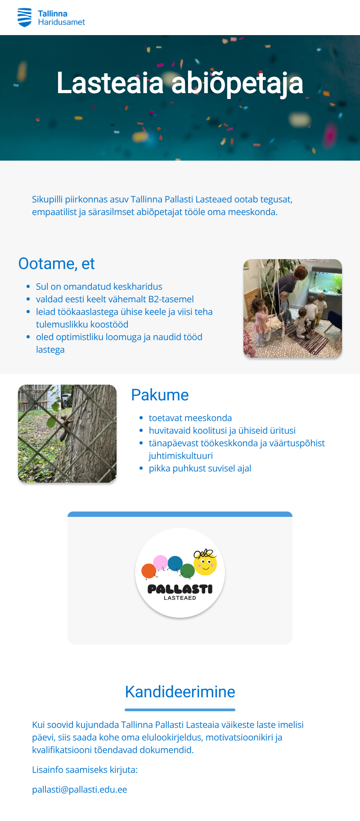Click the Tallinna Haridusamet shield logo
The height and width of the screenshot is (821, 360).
24,18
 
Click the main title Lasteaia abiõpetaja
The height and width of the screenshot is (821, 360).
180,83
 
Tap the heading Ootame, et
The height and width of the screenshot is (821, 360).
56,264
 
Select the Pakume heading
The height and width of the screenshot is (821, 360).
160,395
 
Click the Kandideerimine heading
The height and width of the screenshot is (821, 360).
180,692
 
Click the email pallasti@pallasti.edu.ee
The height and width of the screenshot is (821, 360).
80,790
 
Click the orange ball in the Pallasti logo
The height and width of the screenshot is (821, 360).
148,571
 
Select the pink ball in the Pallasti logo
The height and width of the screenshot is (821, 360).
160,562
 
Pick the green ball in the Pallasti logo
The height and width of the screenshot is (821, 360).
187,571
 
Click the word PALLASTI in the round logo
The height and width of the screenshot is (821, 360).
180,589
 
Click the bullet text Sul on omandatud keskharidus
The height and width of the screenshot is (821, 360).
99,287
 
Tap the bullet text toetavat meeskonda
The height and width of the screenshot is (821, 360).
190,418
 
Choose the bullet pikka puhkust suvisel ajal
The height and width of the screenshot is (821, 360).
200,468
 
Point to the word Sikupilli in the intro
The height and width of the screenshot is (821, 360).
47,199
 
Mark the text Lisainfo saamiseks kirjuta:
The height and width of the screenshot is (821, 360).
85,770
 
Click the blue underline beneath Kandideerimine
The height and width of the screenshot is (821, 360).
180,710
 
